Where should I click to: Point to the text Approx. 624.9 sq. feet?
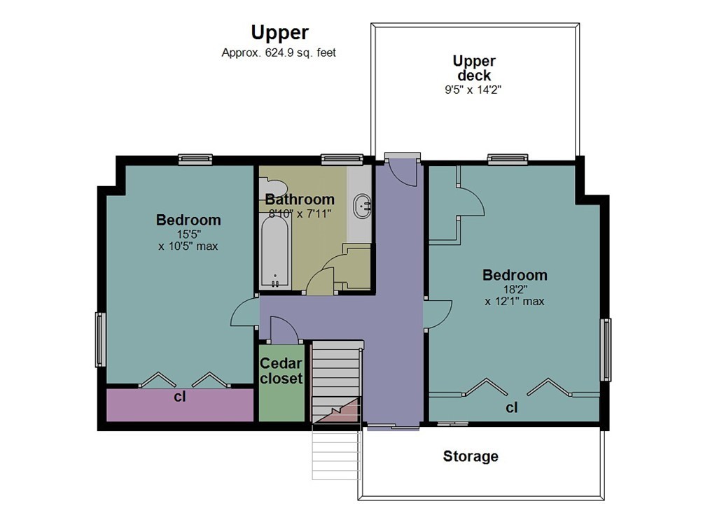(x=279, y=53)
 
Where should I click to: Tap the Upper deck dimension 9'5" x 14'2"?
(x=473, y=90)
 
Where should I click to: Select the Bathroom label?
(x=300, y=199)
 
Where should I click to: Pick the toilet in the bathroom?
(x=272, y=188)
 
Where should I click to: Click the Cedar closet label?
(x=281, y=371)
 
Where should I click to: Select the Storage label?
(x=471, y=456)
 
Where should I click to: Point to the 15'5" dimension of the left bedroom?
(x=189, y=234)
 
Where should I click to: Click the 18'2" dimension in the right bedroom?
(x=515, y=289)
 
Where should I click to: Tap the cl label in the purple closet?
(x=180, y=397)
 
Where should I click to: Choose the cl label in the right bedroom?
(x=512, y=407)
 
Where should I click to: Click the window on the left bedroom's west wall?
(x=100, y=339)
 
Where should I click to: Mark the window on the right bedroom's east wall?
(x=606, y=349)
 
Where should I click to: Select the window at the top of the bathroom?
(x=342, y=160)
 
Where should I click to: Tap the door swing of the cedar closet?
(x=284, y=330)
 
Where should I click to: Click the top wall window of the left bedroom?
(x=195, y=160)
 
